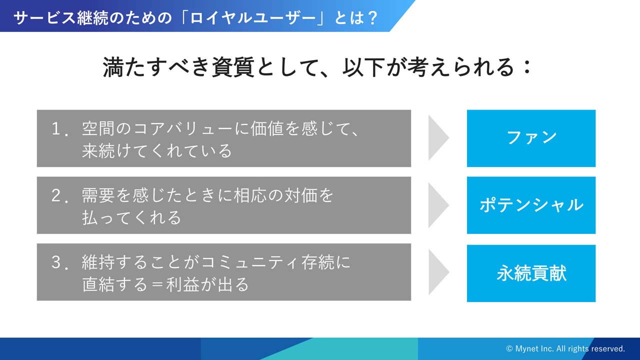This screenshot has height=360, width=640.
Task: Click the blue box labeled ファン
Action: pos(531,138)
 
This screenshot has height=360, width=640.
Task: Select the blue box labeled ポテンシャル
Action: pos(531,205)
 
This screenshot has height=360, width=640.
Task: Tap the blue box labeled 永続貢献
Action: pos(531,273)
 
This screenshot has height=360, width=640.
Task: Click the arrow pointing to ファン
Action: pos(438,137)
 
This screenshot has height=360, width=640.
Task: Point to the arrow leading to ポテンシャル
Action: pos(438,205)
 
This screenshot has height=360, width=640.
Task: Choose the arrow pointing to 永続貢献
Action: pos(438,272)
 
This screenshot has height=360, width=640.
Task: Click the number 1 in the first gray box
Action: pos(56,128)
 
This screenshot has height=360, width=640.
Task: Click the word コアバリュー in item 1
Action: pos(183,128)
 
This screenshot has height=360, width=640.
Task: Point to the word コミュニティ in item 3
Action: pos(250,262)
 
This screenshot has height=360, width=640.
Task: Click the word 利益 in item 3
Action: pos(182,284)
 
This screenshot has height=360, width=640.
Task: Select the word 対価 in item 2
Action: pos(300,195)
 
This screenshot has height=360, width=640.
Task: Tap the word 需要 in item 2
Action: pos(98,195)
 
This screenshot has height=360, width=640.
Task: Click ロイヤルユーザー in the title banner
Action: pos(253,17)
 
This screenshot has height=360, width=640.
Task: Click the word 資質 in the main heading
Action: pos(233,67)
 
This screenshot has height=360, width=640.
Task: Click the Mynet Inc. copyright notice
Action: pos(565,348)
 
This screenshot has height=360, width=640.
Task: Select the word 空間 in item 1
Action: pos(98,128)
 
